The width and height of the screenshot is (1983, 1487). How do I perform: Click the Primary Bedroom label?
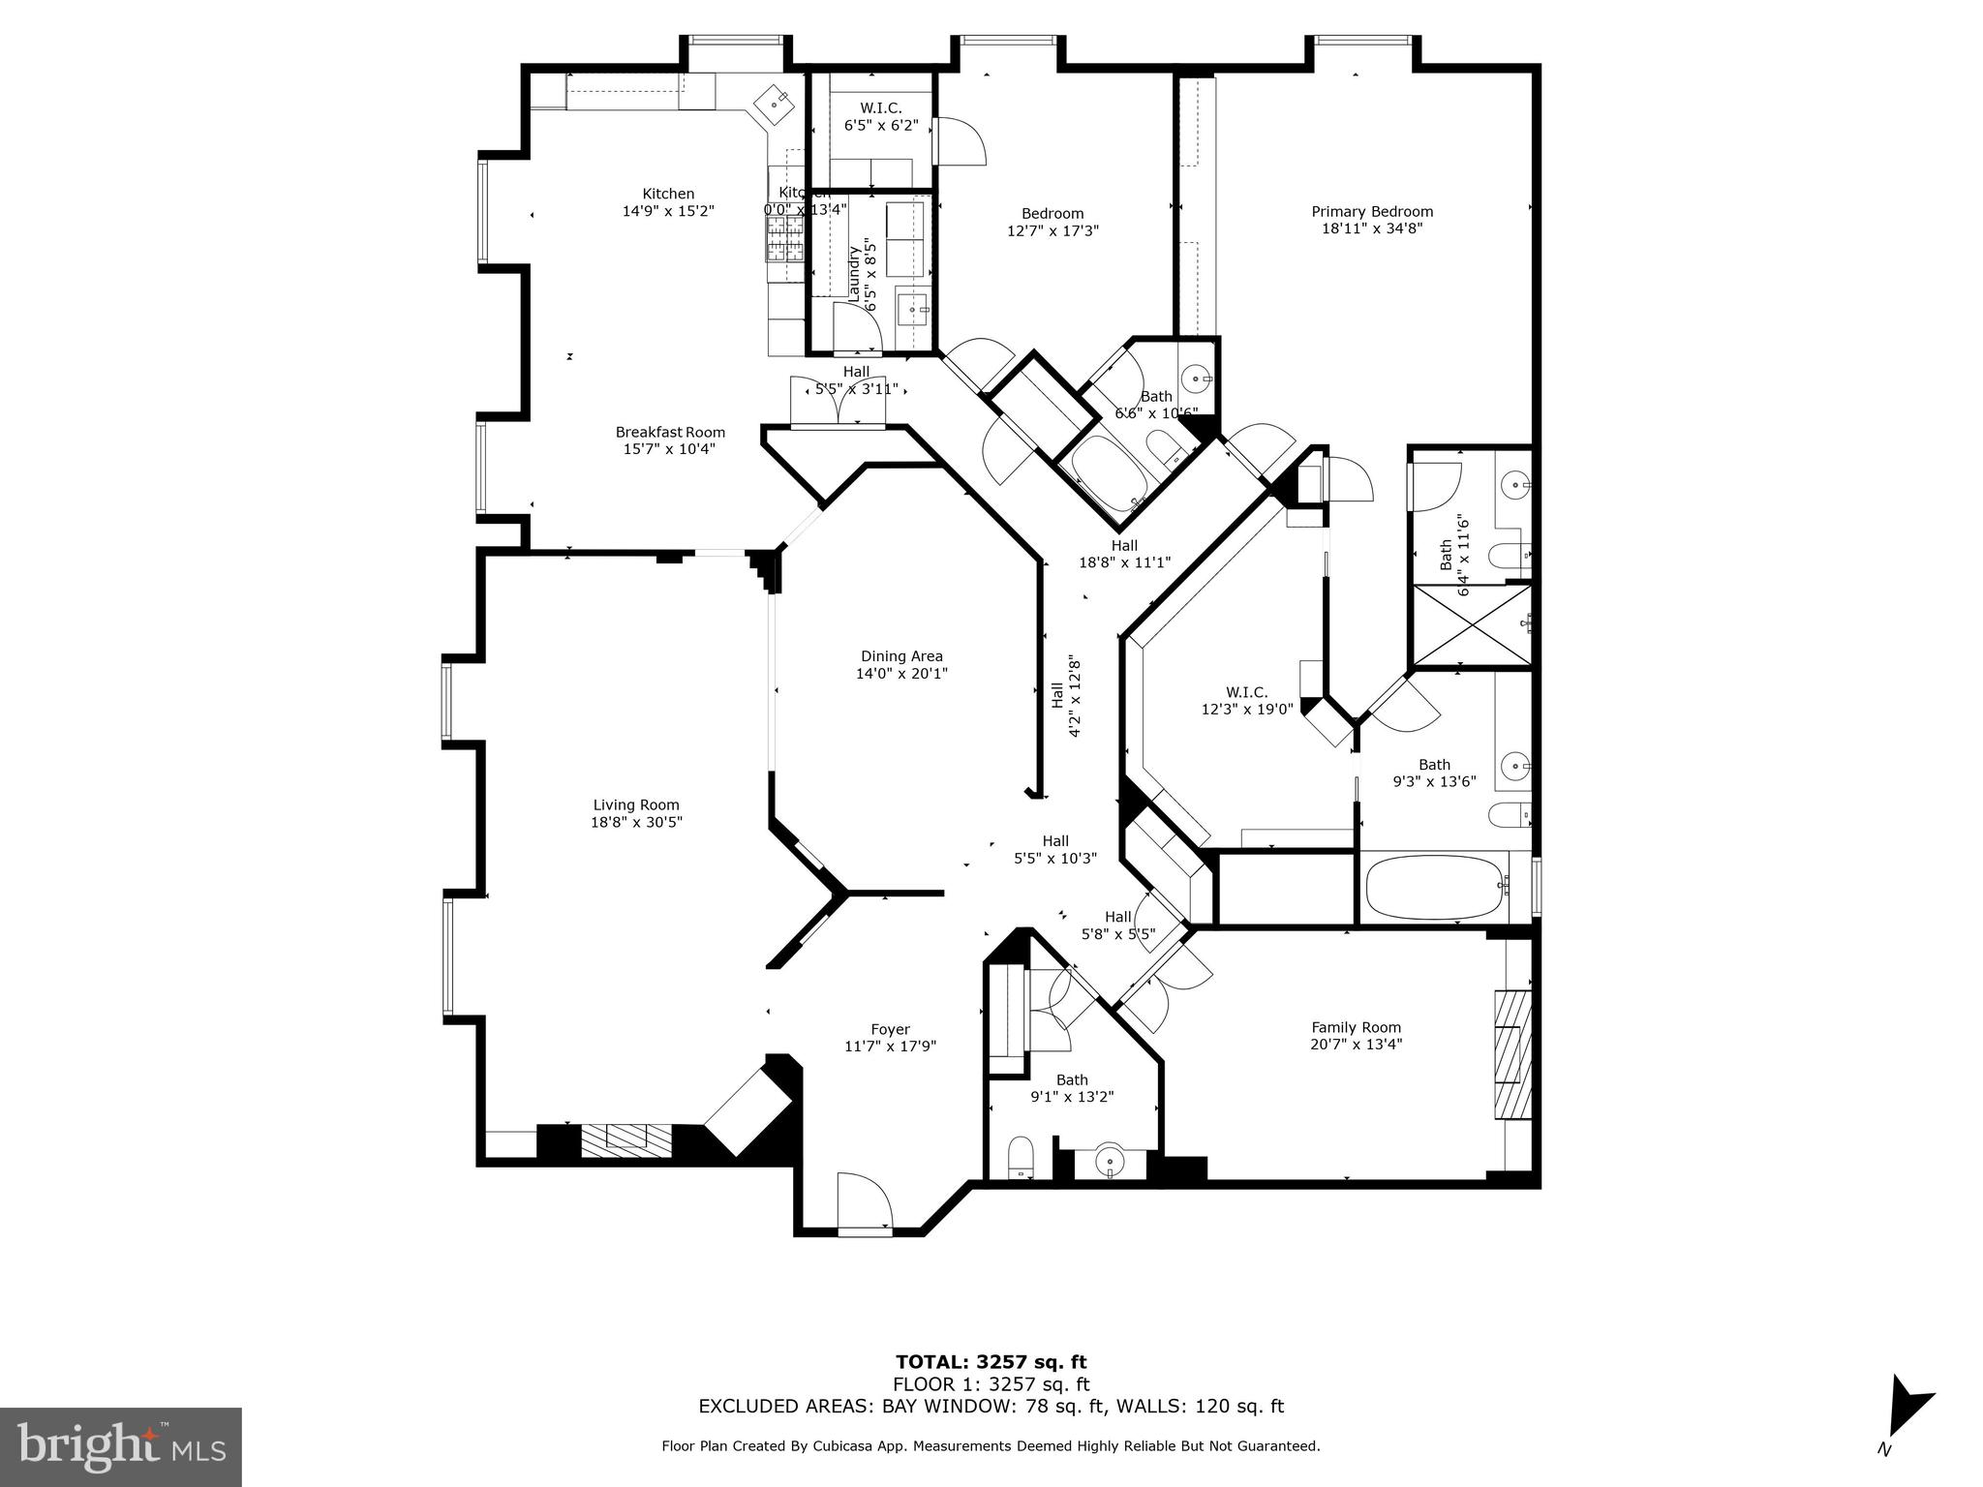(x=1372, y=212)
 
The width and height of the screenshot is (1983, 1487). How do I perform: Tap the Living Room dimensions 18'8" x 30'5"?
(x=636, y=822)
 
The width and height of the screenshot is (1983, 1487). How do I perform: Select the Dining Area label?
(x=901, y=656)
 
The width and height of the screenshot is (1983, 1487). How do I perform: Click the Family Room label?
(x=1356, y=1027)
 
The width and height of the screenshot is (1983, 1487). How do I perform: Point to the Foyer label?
(x=890, y=1029)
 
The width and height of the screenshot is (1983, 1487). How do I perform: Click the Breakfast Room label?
(x=670, y=432)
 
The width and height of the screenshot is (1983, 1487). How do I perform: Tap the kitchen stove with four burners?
(x=785, y=238)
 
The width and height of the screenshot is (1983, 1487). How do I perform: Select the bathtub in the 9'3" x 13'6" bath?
(x=1435, y=885)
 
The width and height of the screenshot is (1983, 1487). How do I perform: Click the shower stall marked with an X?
(x=1472, y=625)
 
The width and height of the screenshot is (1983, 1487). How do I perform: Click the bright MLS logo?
(x=120, y=1446)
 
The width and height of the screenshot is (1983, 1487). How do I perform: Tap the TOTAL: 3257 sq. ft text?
(x=991, y=1363)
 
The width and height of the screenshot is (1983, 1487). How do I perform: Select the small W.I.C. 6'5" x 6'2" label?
(x=880, y=116)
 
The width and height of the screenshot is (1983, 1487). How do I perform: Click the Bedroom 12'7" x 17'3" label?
(x=1053, y=222)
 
